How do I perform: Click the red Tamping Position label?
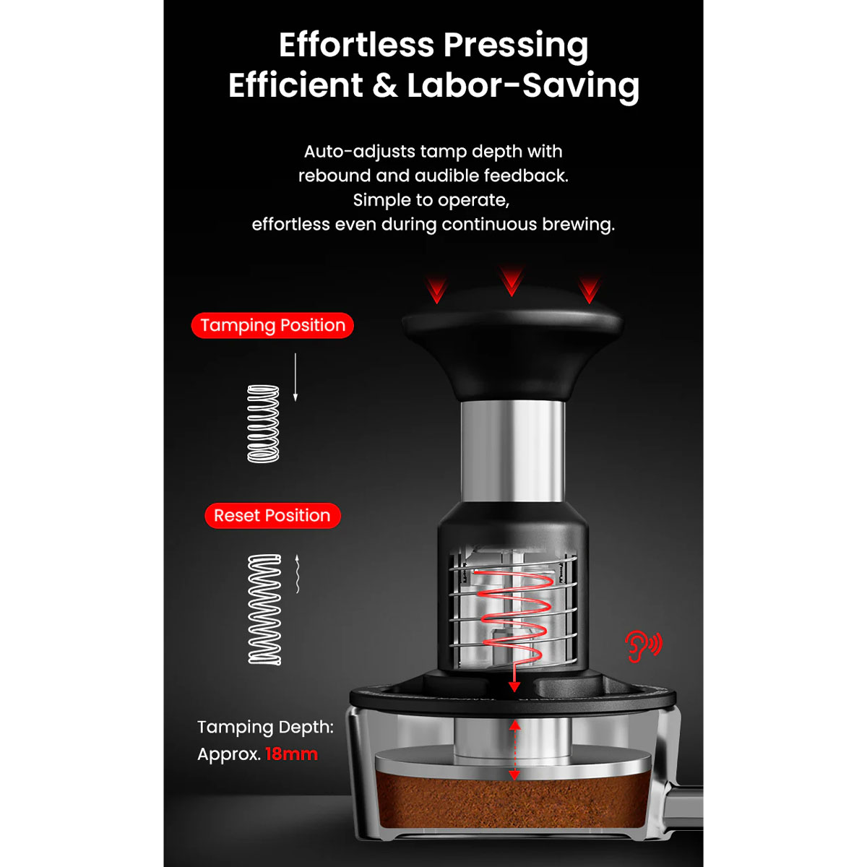click(x=272, y=325)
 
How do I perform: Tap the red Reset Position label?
click(x=272, y=516)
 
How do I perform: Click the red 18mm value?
click(x=292, y=754)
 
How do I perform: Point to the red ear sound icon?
click(x=644, y=647)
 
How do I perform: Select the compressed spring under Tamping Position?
click(x=263, y=423)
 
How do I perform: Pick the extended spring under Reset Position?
click(x=264, y=610)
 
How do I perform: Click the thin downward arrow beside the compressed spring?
click(x=296, y=377)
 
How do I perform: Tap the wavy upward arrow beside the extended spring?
click(x=298, y=574)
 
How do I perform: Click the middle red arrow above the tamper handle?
click(x=512, y=281)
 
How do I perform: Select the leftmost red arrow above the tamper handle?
click(x=437, y=290)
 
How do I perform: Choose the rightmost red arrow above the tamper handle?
click(x=590, y=290)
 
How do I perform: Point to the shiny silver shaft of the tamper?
click(x=512, y=452)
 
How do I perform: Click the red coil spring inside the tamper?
click(x=513, y=616)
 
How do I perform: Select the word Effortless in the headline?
click(x=356, y=45)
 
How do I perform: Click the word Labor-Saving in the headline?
click(x=523, y=85)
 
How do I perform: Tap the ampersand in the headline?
click(x=385, y=85)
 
